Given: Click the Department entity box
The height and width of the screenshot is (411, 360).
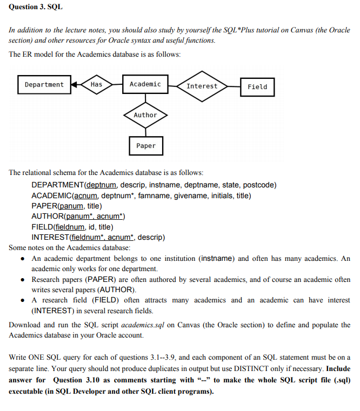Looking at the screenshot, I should pyautogui.click(x=44, y=85).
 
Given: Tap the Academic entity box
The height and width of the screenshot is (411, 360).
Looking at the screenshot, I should pyautogui.click(x=145, y=84).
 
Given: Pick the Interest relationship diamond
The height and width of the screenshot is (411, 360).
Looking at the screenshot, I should pyautogui.click(x=202, y=86).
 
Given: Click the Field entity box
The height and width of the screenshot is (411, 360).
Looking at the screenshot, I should pyautogui.click(x=257, y=86).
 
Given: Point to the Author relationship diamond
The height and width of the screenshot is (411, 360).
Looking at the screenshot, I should pyautogui.click(x=145, y=115).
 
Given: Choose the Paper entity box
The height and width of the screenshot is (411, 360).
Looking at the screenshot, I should pyautogui.click(x=145, y=146).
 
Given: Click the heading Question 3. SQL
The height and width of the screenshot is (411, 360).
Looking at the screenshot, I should pyautogui.click(x=35, y=7).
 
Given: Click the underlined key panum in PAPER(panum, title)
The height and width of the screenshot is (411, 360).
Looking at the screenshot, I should pyautogui.click(x=70, y=206).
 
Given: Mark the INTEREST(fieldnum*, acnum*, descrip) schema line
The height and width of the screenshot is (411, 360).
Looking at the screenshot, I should pyautogui.click(x=98, y=237).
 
